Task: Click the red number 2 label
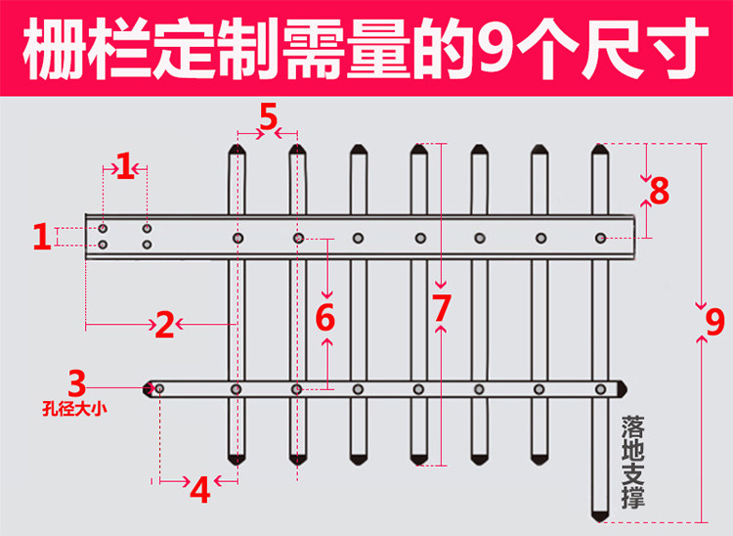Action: [x=165, y=324]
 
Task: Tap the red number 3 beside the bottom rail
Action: [x=77, y=381]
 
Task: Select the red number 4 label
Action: [x=199, y=489]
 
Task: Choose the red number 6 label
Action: [x=325, y=318]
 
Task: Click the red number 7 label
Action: [x=442, y=308]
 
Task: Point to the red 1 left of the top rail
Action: [x=41, y=237]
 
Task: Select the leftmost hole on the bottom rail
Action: [x=159, y=389]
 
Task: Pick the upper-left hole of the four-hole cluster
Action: [x=103, y=228]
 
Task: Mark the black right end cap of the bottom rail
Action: [x=616, y=389]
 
